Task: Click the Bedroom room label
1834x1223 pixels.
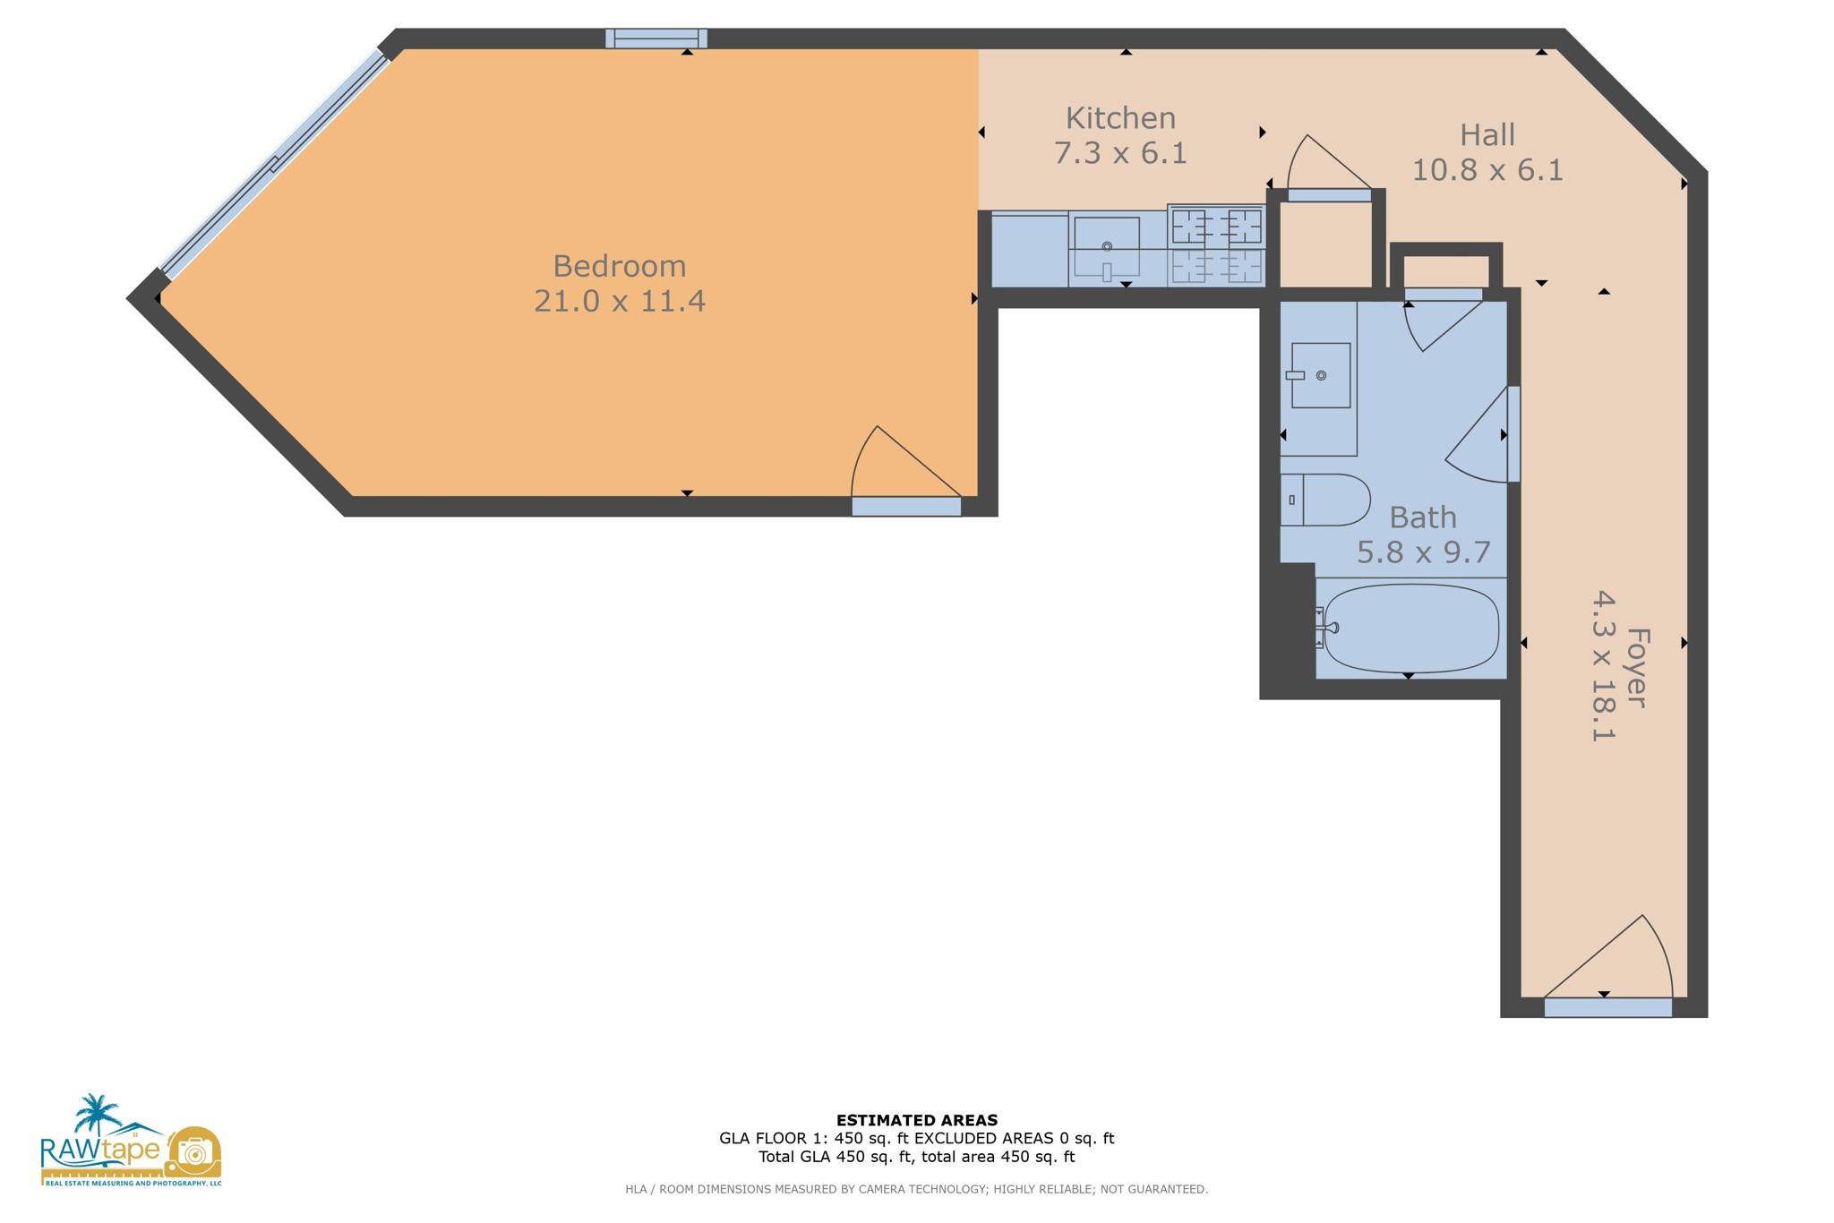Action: click(x=619, y=266)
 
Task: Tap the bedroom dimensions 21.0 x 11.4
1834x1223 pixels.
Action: click(x=620, y=301)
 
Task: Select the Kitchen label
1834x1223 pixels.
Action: click(x=1120, y=118)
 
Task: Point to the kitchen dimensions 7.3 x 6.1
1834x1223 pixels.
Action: click(x=1120, y=153)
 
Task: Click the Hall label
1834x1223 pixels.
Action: click(x=1487, y=135)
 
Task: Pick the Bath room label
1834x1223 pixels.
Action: click(x=1423, y=517)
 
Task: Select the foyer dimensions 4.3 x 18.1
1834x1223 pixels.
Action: click(x=1603, y=665)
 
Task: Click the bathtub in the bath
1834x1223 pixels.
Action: click(x=1411, y=629)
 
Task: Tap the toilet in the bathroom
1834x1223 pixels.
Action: click(x=1325, y=500)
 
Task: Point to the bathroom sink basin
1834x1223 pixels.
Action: click(x=1321, y=376)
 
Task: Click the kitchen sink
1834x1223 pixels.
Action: click(x=1107, y=246)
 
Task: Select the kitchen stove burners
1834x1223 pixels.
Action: click(x=1216, y=245)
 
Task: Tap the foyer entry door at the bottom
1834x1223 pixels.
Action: click(x=1607, y=1007)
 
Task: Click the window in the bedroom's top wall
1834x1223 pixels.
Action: click(x=656, y=38)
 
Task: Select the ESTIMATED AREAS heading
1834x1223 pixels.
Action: click(x=917, y=1120)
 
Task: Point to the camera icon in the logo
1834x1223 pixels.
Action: click(x=193, y=1152)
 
